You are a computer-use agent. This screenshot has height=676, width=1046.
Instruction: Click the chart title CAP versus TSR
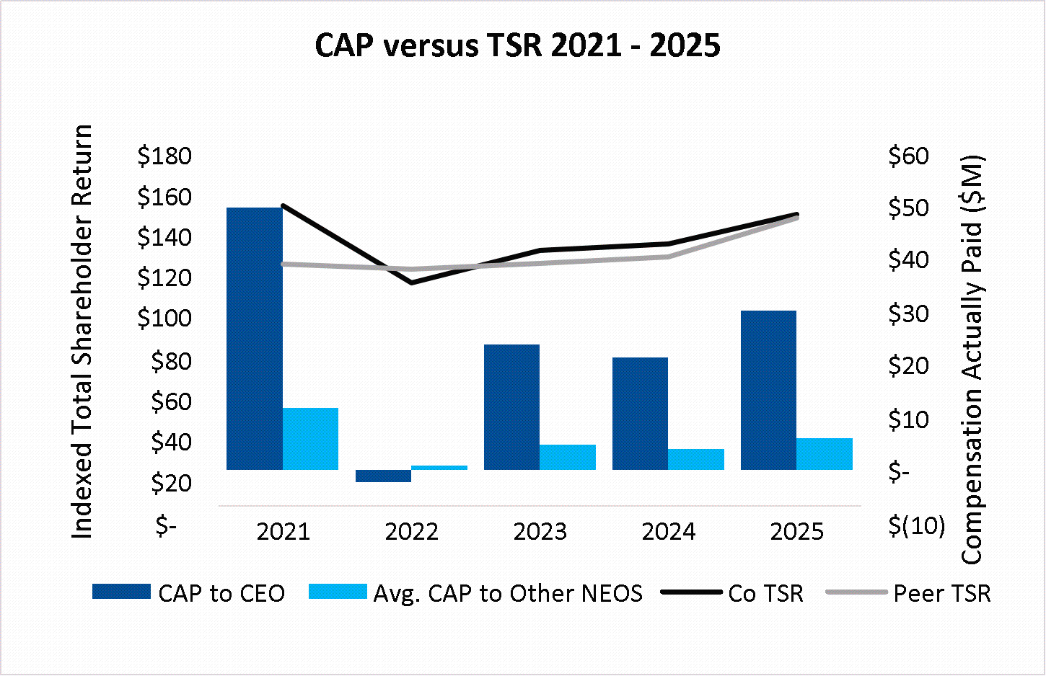[x=517, y=45]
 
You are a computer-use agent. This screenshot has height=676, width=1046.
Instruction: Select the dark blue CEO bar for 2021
[x=254, y=339]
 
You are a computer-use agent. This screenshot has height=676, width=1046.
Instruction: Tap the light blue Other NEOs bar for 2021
[x=310, y=439]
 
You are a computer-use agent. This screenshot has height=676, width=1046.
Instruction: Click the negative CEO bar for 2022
[x=383, y=476]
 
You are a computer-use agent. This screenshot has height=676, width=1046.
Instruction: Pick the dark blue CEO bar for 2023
[x=511, y=407]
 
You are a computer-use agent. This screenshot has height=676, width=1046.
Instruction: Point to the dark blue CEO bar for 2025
[x=768, y=391]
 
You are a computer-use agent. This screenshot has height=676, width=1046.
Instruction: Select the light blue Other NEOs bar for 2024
[x=696, y=460]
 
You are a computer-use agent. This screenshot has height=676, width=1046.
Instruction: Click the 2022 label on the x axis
[x=411, y=532]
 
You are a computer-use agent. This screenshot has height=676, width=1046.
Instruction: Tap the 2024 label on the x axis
[x=669, y=532]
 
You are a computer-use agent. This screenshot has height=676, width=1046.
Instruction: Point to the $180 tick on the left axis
[x=164, y=156]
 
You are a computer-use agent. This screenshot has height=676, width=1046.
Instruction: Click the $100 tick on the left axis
[x=164, y=318]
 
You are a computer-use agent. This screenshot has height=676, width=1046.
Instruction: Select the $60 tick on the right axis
[x=908, y=156]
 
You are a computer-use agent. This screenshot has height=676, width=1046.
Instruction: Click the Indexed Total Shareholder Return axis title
[x=82, y=332]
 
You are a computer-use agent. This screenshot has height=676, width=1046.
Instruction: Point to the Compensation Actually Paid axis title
[x=972, y=360]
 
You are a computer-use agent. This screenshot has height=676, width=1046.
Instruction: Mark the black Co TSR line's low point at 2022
[x=411, y=283]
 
